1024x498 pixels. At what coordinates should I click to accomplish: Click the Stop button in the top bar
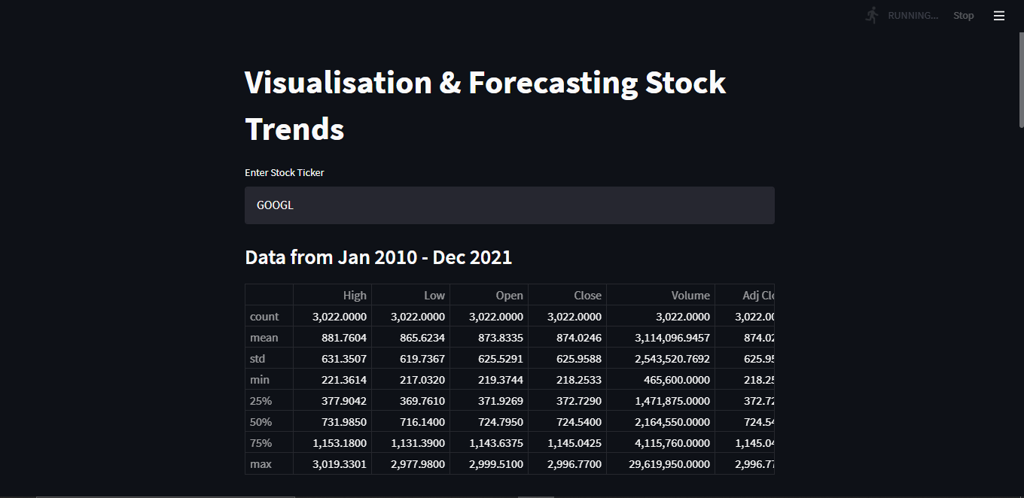coord(963,16)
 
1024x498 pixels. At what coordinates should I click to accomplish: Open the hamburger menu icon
coord(999,16)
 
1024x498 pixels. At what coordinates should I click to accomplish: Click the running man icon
coord(873,15)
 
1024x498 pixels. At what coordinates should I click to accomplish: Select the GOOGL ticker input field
coord(509,205)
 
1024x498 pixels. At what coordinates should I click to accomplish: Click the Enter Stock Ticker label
coord(285,173)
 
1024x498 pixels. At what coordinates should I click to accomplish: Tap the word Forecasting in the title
coord(552,83)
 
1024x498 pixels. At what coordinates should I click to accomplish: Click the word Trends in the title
coord(294,129)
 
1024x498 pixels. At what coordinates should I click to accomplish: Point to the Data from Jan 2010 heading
coord(379,257)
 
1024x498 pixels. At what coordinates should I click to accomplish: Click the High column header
coord(355,296)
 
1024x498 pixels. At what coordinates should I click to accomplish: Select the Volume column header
coord(690,296)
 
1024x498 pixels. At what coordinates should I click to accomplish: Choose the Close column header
coord(587,296)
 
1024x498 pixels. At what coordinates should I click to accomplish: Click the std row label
coord(258,359)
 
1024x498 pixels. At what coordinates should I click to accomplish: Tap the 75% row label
coord(261,443)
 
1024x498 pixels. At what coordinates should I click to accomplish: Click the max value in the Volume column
coord(669,464)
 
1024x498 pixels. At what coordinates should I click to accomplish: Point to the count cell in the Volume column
coord(683,317)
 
